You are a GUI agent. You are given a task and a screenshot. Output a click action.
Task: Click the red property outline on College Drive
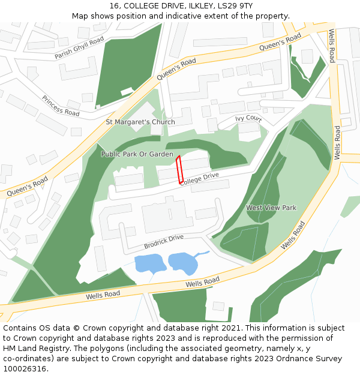(179, 170)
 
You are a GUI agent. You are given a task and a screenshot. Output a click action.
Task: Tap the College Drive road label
(200, 179)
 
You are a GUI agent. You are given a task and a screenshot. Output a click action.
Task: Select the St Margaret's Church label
(140, 122)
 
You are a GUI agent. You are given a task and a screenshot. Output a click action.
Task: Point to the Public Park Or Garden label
(137, 154)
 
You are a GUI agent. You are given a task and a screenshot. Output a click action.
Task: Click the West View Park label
(271, 208)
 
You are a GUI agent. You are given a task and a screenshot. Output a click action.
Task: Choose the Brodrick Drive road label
(163, 242)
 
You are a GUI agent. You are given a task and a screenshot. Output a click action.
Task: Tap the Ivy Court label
(248, 119)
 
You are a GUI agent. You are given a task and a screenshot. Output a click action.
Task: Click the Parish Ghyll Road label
(79, 47)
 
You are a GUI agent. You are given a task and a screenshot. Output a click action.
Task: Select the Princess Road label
(61, 106)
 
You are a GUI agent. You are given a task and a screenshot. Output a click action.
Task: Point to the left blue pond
(150, 263)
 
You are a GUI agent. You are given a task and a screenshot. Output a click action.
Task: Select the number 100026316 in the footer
(23, 369)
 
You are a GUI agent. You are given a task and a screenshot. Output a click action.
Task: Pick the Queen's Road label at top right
(280, 43)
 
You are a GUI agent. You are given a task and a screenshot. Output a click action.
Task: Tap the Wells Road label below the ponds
(203, 282)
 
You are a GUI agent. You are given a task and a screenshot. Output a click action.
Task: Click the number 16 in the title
(114, 5)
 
